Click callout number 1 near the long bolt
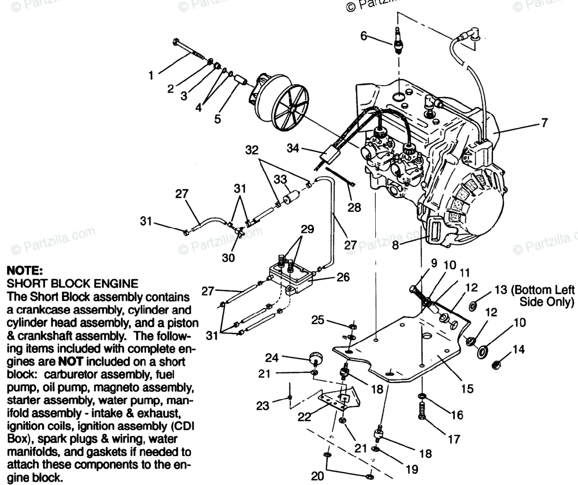pyautogui.click(x=151, y=75)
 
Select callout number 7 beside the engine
pyautogui.click(x=544, y=123)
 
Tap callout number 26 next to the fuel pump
pyautogui.click(x=343, y=277)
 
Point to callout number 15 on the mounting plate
pyautogui.click(x=467, y=388)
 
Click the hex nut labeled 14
pyautogui.click(x=496, y=365)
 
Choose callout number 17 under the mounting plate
pyautogui.click(x=454, y=439)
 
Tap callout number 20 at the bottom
pyautogui.click(x=317, y=476)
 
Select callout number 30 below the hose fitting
pyautogui.click(x=228, y=258)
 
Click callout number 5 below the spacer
pyautogui.click(x=218, y=118)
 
